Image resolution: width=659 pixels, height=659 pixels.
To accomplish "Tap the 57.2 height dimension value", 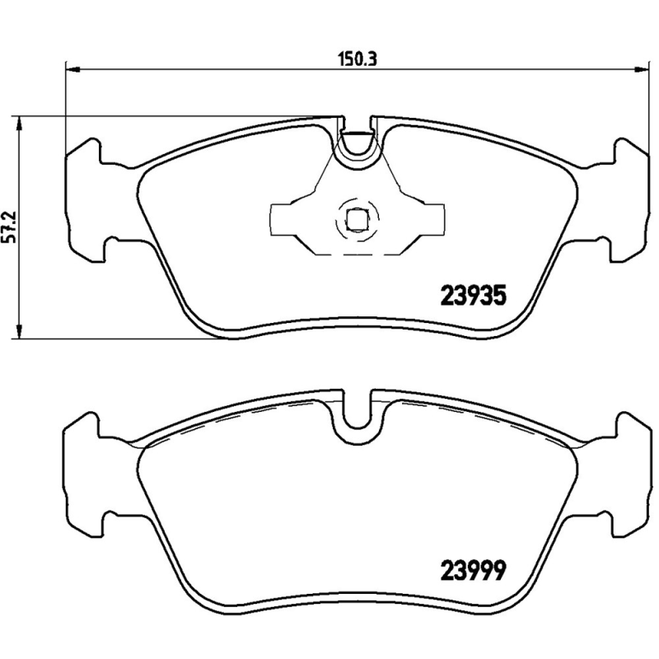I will click(x=11, y=227).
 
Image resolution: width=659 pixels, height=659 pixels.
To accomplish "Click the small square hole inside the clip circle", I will click(x=356, y=220).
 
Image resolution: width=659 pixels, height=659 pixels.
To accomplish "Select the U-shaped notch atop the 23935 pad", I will click(x=357, y=143).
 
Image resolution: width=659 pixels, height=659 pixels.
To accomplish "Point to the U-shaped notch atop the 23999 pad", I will click(x=357, y=412).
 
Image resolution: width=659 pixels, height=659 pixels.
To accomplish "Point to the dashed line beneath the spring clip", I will click(x=356, y=253).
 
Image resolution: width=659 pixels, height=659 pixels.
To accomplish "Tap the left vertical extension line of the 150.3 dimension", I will click(x=65, y=107).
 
